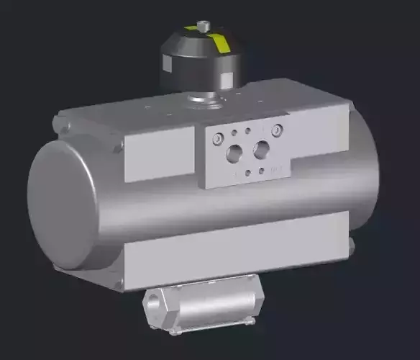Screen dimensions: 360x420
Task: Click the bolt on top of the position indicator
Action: (x=204, y=25)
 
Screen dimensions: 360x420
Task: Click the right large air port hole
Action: (x=261, y=149)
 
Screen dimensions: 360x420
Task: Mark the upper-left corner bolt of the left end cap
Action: (x=64, y=128)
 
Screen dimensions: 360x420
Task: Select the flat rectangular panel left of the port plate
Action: (x=159, y=153)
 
